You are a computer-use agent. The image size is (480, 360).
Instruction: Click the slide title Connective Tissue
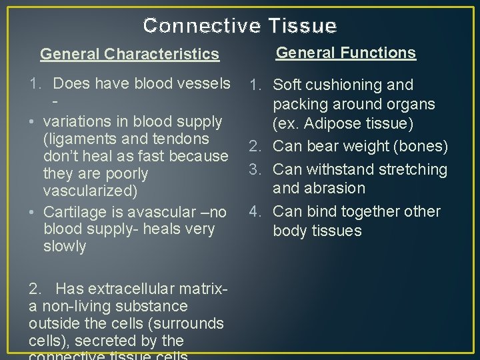(240, 25)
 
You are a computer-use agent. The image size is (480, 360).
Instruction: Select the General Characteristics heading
(129, 54)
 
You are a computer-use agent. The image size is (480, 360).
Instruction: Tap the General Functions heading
(346, 53)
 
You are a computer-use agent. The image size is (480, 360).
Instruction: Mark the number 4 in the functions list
(254, 212)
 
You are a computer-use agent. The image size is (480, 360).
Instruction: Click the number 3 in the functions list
(254, 169)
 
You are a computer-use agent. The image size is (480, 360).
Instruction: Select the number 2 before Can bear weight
(254, 146)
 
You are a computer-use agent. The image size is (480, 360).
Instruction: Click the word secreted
(111, 341)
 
